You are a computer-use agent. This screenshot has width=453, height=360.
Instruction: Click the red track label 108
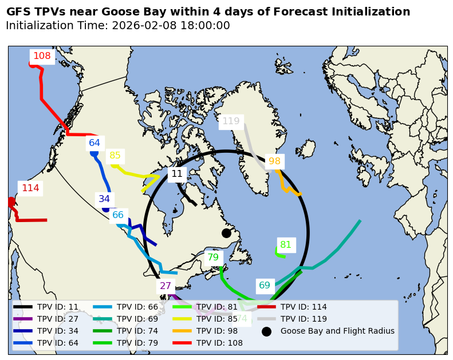click(x=42, y=56)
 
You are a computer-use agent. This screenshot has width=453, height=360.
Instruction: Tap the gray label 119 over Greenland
click(x=231, y=121)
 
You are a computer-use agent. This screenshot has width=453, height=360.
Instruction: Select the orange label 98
click(x=274, y=161)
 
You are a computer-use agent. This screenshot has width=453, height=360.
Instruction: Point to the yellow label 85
click(x=115, y=156)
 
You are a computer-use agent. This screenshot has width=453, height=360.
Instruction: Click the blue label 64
click(x=94, y=143)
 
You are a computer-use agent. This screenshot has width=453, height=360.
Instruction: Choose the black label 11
click(x=177, y=174)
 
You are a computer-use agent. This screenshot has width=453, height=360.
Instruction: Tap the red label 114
click(x=30, y=188)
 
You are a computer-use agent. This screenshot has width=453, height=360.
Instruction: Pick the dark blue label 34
click(x=104, y=199)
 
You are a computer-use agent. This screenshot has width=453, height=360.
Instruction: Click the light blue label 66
click(x=118, y=215)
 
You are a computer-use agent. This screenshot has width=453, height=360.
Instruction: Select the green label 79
click(x=213, y=258)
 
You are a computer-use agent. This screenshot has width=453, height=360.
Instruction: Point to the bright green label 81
click(x=286, y=245)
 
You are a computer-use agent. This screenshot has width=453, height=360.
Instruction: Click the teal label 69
click(x=265, y=286)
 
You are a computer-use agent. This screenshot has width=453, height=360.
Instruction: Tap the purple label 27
click(x=166, y=286)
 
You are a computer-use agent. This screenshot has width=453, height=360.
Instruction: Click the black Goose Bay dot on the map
click(x=226, y=233)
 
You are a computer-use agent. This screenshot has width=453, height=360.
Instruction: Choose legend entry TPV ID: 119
click(x=304, y=319)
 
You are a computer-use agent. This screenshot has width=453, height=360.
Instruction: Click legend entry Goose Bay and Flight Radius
click(x=337, y=331)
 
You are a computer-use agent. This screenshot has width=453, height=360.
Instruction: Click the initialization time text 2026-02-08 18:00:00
click(x=171, y=26)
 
